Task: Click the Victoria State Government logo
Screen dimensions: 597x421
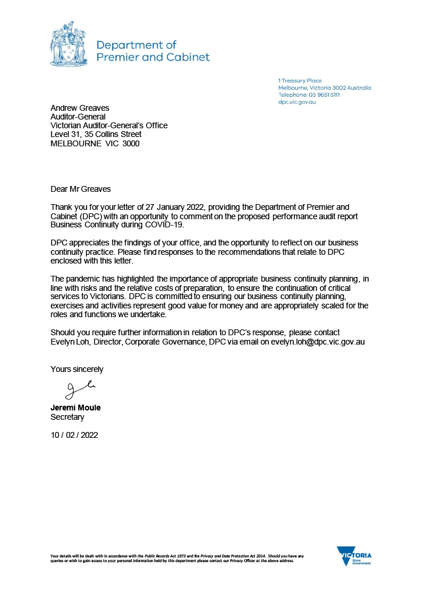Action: (x=354, y=556)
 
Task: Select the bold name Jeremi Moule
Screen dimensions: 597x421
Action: (x=75, y=408)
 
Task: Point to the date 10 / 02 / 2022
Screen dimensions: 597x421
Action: (x=75, y=435)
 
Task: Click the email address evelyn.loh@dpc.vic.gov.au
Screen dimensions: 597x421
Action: (x=318, y=342)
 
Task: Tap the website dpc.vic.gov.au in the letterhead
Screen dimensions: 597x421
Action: (x=297, y=102)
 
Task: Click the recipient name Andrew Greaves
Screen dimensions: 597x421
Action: (x=79, y=108)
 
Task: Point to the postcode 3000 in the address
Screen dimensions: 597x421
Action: (x=129, y=143)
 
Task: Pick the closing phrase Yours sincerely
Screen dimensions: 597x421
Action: (x=77, y=369)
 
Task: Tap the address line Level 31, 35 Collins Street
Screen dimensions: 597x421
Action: (x=96, y=134)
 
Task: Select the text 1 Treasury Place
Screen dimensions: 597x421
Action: (x=300, y=80)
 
